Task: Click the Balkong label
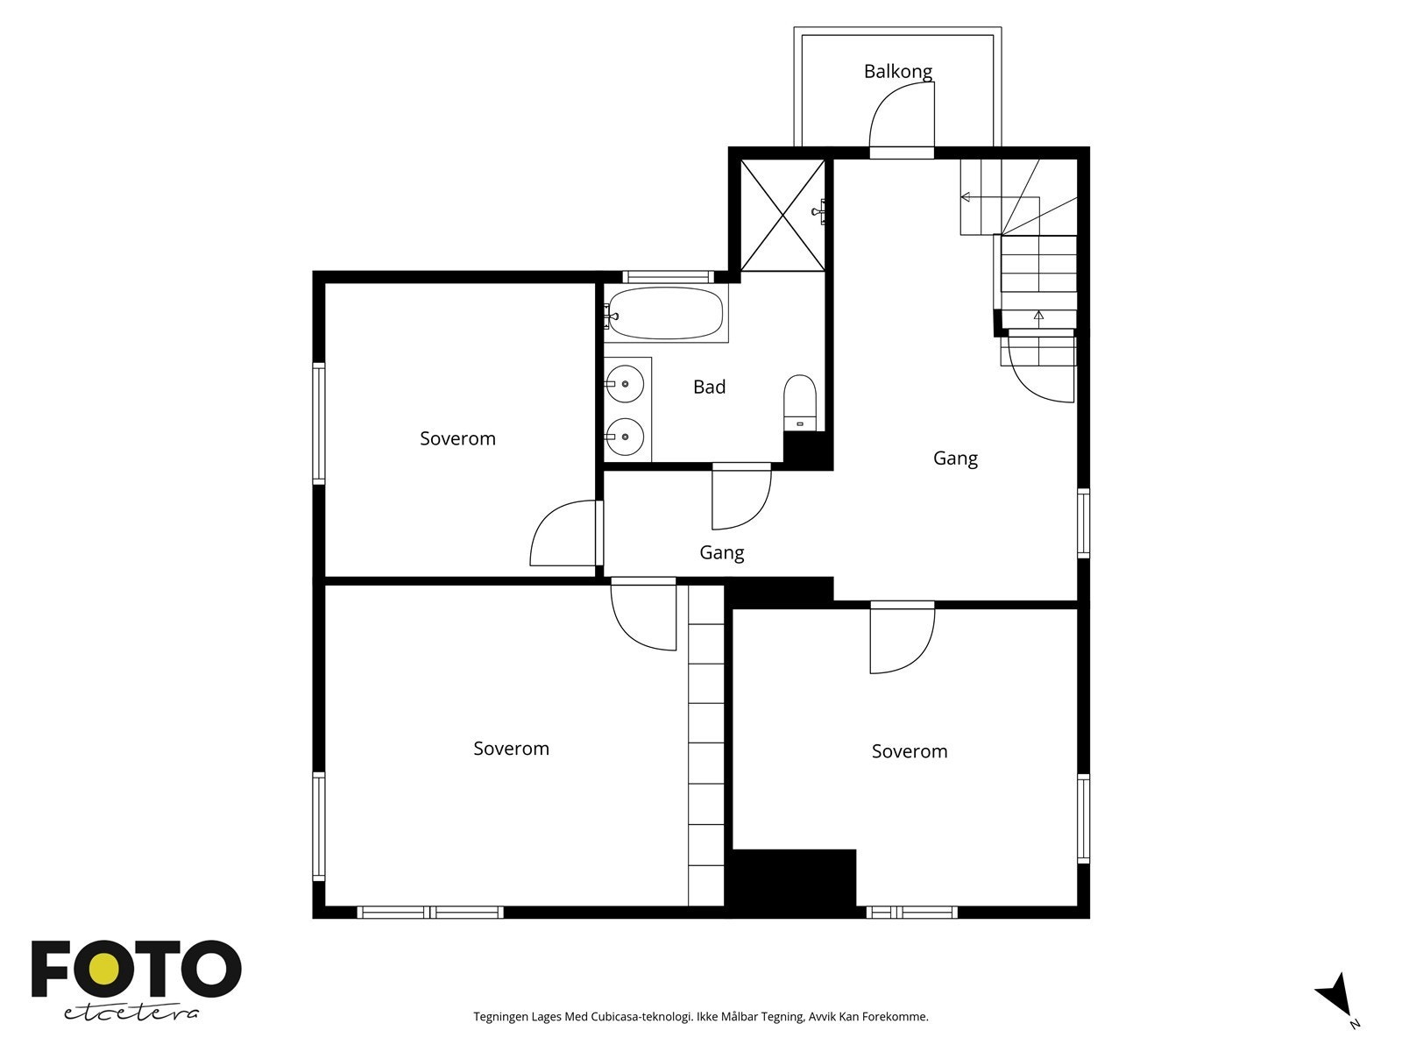point(897,71)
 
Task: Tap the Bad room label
point(709,387)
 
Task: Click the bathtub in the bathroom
point(666,313)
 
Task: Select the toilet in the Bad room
point(799,402)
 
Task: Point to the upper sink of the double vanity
point(626,384)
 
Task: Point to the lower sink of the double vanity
point(626,436)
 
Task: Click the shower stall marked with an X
point(782,215)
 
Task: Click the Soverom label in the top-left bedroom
point(457,438)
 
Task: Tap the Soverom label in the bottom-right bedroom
point(909,751)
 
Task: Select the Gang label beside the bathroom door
point(721,552)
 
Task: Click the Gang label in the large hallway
point(954,458)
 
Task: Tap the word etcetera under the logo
point(131,1012)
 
